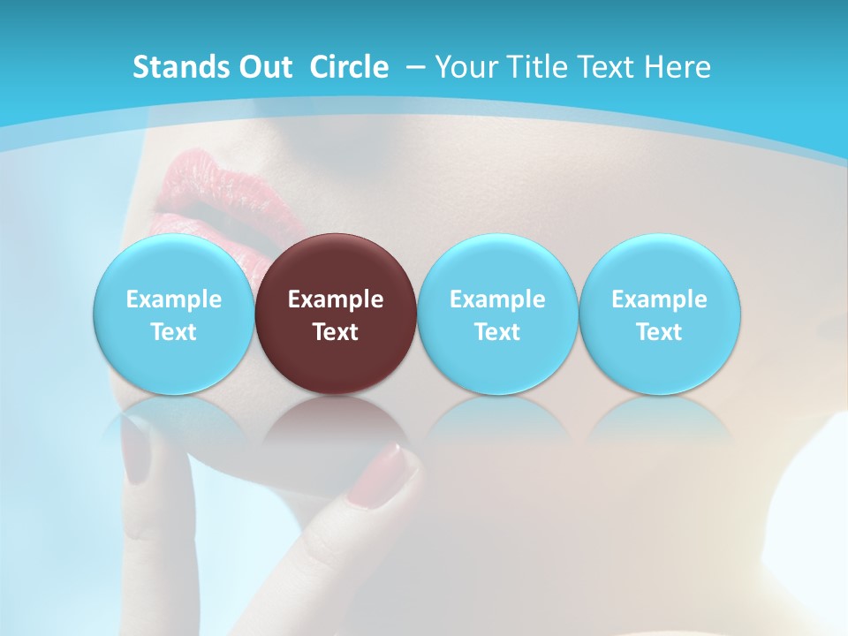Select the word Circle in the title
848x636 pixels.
tap(349, 67)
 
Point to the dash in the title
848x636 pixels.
tap(415, 67)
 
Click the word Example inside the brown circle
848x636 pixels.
tap(336, 299)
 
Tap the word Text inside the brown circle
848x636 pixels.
tap(336, 332)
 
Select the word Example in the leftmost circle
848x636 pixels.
tap(173, 299)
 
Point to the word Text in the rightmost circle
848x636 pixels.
tap(660, 332)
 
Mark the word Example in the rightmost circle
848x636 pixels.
tap(660, 299)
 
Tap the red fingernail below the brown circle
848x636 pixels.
tap(382, 475)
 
